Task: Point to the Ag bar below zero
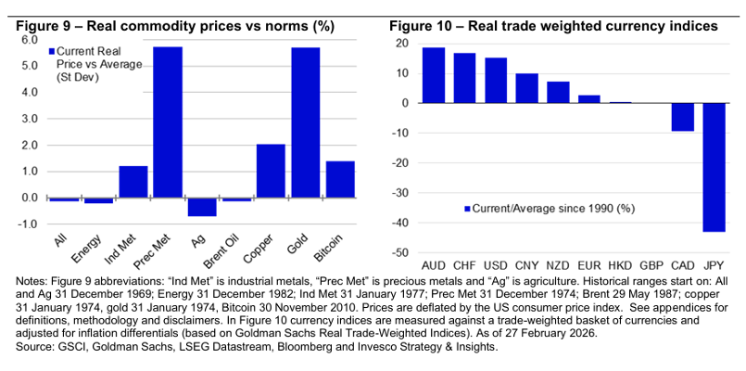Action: [202, 207]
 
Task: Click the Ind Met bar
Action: [133, 182]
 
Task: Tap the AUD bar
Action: [433, 75]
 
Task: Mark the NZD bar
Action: [558, 92]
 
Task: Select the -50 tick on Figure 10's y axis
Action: [400, 253]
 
